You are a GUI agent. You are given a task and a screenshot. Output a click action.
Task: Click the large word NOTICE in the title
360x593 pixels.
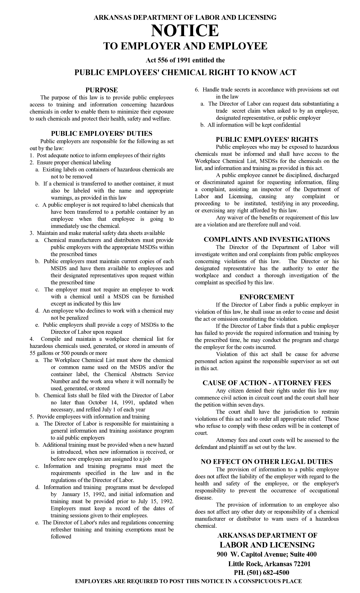click(185, 31)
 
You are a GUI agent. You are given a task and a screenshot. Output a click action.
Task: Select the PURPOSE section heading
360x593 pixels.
click(102, 90)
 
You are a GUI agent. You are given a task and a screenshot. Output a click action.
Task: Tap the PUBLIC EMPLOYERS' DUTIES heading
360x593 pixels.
click(102, 133)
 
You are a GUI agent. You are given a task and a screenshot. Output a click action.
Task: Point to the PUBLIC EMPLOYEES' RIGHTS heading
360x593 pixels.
click(267, 139)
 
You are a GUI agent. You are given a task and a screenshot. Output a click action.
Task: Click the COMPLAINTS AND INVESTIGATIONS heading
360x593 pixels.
click(267, 239)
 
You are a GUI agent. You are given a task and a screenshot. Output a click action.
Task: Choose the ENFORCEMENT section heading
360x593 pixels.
click(267, 297)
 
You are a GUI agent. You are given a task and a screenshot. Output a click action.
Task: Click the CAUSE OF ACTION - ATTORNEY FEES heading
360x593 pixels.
click(267, 383)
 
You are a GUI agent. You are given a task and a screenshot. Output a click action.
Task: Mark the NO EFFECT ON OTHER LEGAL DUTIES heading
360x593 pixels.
click(267, 461)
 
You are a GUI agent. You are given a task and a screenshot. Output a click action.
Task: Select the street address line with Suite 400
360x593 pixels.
click(267, 554)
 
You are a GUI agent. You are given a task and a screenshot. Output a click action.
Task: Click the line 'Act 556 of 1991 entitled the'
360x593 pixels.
click(185, 60)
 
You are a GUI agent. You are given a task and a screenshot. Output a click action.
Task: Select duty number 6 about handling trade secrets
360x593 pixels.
click(267, 90)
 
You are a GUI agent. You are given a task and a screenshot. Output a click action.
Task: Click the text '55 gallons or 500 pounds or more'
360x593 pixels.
click(68, 353)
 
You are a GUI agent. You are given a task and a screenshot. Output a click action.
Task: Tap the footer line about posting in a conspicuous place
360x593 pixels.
click(188, 581)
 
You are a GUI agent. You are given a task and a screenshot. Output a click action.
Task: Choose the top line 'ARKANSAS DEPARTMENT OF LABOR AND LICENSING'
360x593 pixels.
click(185, 18)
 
